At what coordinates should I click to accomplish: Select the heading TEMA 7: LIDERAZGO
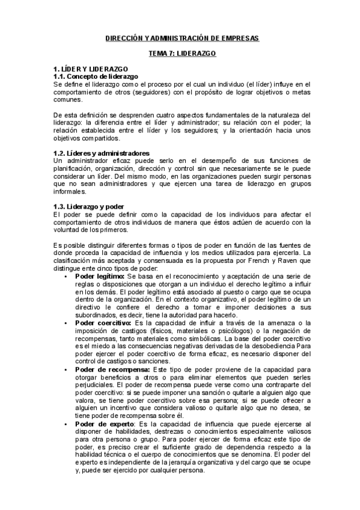(183, 54)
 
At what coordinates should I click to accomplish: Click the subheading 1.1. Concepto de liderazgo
(96, 77)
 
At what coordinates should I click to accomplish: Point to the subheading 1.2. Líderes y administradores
(101, 153)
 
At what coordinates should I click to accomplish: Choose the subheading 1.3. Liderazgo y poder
(88, 206)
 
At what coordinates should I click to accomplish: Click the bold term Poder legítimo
(99, 276)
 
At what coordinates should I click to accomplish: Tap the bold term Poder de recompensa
(108, 370)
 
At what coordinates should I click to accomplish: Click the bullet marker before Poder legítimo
(66, 276)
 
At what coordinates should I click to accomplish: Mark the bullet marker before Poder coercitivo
(66, 323)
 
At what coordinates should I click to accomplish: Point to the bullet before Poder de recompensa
(66, 370)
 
